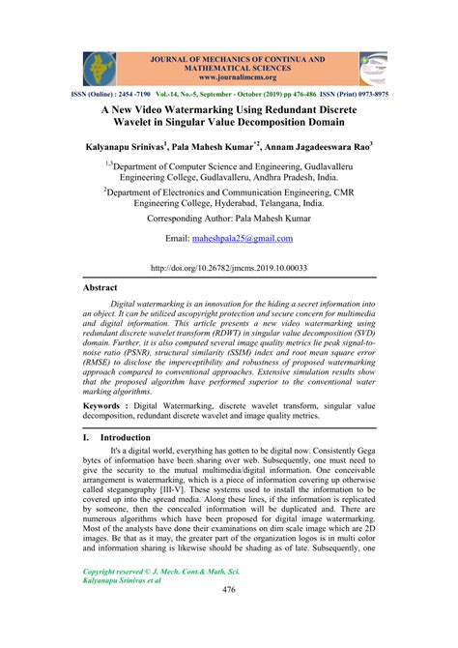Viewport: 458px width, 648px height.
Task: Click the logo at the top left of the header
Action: click(x=97, y=68)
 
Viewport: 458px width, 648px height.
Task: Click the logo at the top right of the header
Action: click(x=372, y=69)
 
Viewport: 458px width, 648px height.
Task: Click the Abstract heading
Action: click(x=100, y=288)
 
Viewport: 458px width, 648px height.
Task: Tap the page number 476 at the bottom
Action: click(x=229, y=616)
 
